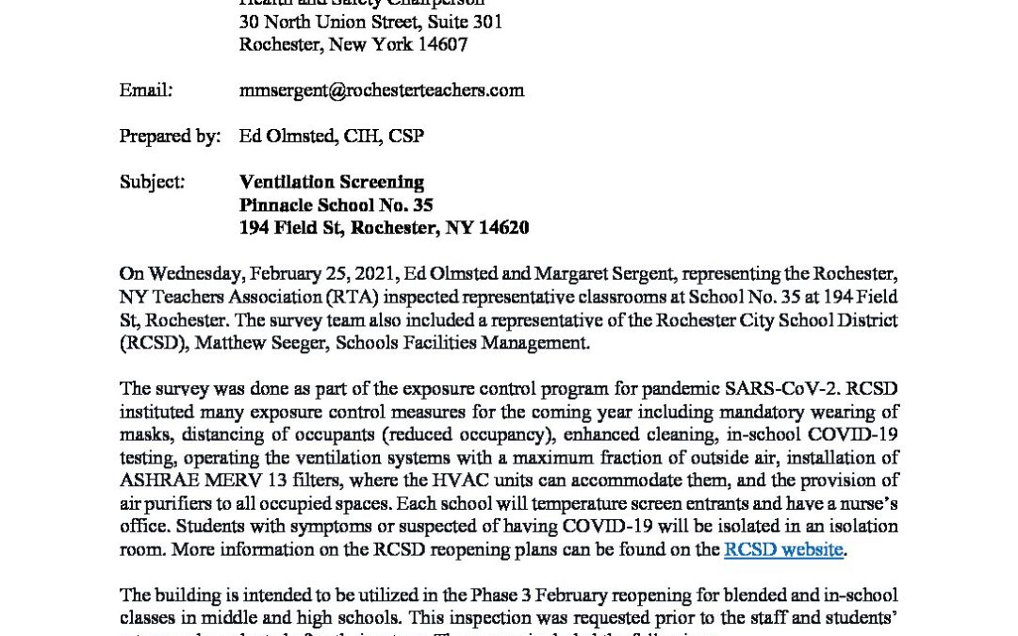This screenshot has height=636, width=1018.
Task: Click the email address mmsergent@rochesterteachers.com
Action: click(382, 90)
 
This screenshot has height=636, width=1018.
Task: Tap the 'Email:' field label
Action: click(146, 90)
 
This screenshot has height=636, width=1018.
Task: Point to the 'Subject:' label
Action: click(152, 182)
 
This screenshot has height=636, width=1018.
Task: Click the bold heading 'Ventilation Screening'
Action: click(332, 182)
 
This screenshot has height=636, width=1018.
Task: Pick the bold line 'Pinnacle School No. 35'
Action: click(337, 204)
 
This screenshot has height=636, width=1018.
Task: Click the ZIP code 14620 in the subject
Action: click(501, 227)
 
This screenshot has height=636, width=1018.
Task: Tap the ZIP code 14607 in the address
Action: click(439, 44)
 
